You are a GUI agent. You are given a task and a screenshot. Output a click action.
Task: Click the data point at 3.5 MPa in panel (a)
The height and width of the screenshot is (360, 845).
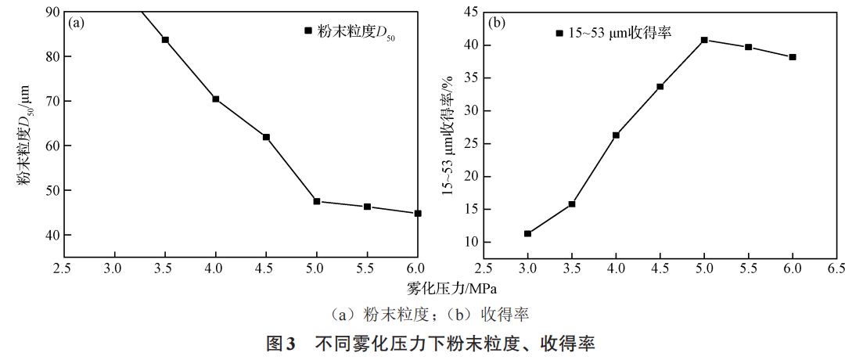pyautogui.click(x=165, y=40)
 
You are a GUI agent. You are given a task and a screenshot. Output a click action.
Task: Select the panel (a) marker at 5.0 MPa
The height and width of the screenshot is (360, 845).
pyautogui.click(x=317, y=201)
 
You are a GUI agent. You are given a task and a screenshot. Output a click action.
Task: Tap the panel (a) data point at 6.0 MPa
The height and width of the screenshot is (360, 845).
pyautogui.click(x=418, y=213)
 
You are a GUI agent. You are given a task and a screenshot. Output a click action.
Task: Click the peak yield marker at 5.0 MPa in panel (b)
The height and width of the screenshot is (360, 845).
pyautogui.click(x=704, y=40)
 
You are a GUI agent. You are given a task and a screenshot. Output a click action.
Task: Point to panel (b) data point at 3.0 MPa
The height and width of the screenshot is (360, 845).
pyautogui.click(x=527, y=233)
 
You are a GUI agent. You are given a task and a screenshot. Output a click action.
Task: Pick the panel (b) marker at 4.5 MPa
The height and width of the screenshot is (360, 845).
pyautogui.click(x=660, y=86)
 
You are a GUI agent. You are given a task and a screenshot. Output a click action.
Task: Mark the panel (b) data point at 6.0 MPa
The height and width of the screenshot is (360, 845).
pyautogui.click(x=793, y=57)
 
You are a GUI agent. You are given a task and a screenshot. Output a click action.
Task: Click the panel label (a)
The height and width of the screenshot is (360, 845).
pyautogui.click(x=77, y=23)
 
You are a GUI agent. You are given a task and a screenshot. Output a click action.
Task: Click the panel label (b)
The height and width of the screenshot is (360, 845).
pyautogui.click(x=495, y=23)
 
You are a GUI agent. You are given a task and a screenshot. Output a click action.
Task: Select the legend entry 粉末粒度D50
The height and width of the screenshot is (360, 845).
pyautogui.click(x=348, y=31)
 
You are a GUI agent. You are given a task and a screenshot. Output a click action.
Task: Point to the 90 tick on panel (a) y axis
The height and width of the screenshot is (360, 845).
pyautogui.click(x=52, y=12)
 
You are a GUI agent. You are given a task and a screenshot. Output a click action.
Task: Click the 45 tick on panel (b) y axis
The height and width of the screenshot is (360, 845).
pyautogui.click(x=471, y=12)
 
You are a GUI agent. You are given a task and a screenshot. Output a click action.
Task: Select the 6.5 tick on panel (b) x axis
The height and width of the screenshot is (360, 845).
pyautogui.click(x=836, y=268)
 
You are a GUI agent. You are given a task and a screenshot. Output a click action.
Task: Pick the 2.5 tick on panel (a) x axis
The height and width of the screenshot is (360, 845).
pyautogui.click(x=64, y=268)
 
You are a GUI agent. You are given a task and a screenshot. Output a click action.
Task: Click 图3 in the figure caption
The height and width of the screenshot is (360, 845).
pyautogui.click(x=279, y=344)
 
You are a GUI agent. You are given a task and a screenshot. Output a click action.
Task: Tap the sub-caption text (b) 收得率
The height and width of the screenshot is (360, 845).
pyautogui.click(x=488, y=315)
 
